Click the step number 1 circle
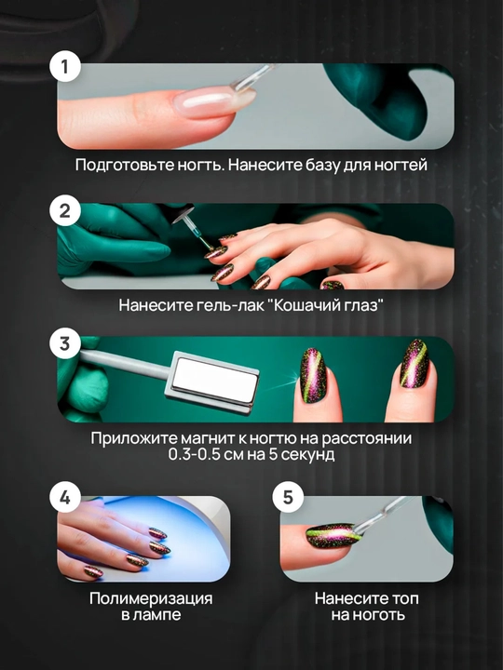(x=65, y=67)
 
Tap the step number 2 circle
(x=65, y=210)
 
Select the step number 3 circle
(x=65, y=343)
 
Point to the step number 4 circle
(x=65, y=497)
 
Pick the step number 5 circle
(x=288, y=497)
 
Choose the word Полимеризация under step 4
(x=151, y=598)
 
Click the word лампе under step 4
(x=156, y=615)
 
